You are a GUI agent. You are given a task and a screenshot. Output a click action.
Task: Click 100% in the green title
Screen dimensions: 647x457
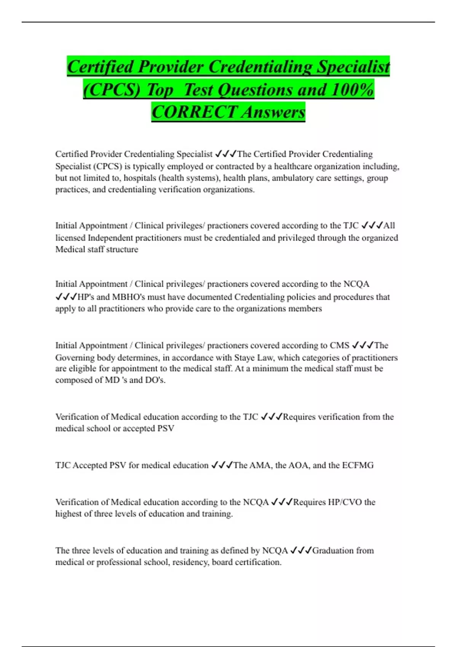352,90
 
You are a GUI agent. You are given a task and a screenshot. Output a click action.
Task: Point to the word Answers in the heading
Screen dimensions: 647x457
273,112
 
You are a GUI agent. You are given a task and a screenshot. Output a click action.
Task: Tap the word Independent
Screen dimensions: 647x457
110,238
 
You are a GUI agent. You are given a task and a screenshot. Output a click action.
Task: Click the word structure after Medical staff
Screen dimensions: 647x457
124,250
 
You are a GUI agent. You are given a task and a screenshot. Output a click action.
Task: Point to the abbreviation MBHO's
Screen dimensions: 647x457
128,297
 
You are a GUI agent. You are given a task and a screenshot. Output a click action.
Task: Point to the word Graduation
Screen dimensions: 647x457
332,551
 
